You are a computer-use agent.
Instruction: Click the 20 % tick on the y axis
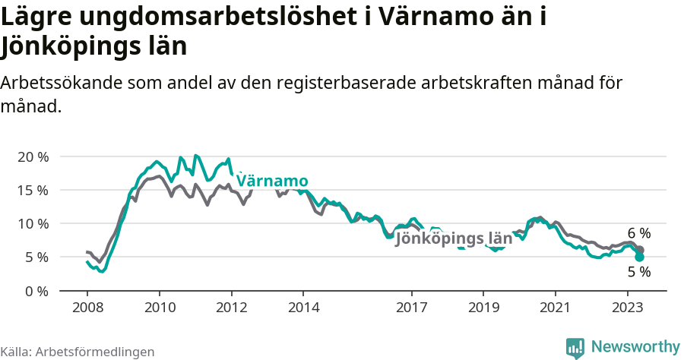click(33, 156)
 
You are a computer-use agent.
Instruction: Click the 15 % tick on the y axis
click(33, 190)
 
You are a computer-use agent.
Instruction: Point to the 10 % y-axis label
click(33, 223)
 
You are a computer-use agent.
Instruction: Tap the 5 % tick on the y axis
click(36, 257)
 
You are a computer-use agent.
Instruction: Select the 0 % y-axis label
click(36, 291)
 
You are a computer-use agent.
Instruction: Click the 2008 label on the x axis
click(87, 308)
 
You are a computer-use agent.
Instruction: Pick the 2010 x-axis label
click(160, 308)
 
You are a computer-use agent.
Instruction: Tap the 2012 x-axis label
click(231, 308)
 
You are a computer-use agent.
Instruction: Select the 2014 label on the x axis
click(303, 308)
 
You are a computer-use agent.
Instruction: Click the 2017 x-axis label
click(411, 308)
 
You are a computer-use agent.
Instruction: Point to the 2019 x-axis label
click(483, 308)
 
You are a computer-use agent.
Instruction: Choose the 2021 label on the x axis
click(556, 308)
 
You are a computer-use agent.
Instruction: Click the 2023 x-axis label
click(628, 308)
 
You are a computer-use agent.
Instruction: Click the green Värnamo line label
click(272, 181)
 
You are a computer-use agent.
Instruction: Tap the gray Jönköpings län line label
click(454, 239)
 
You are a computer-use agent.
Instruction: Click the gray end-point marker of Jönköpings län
click(640, 250)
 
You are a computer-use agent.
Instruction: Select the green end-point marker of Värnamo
click(640, 257)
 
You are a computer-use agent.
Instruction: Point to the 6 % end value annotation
click(639, 233)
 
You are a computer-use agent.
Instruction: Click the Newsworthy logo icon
click(575, 347)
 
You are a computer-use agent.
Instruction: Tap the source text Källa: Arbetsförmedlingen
click(78, 352)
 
